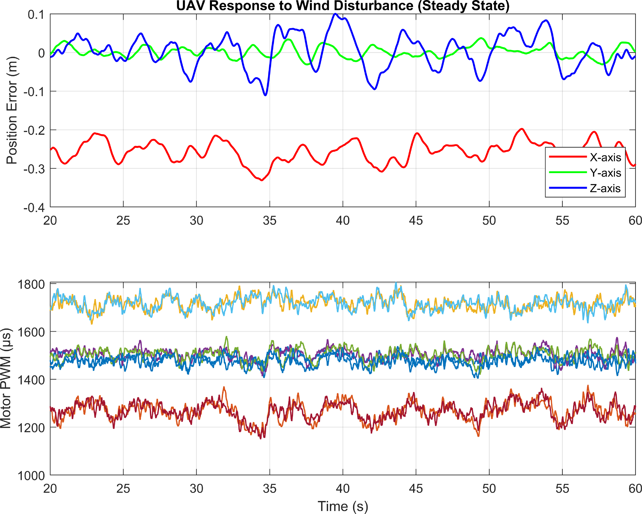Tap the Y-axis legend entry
(x=585, y=173)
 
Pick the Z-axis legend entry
(x=585, y=188)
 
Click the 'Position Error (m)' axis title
(x=12, y=110)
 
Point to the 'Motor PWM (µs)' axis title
(x=6, y=378)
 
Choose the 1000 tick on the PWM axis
(x=31, y=476)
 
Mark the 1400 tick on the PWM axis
(x=31, y=380)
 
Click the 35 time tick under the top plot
(x=269, y=221)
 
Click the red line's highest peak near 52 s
(x=522, y=129)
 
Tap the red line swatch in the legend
(x=568, y=157)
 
